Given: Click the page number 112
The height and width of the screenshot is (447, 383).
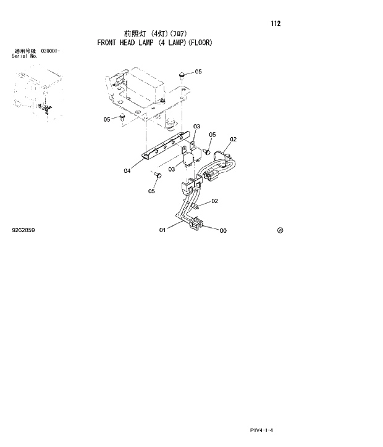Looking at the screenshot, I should click(x=276, y=24).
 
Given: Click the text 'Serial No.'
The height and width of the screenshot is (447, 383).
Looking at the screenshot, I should click(x=25, y=56).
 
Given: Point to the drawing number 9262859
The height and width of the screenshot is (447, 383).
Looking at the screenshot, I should click(x=23, y=230).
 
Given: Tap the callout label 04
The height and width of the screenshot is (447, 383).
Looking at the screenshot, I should click(x=127, y=171).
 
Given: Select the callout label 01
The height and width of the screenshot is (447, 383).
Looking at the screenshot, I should click(x=162, y=230).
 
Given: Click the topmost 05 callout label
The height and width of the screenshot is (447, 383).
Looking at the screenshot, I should click(x=198, y=72).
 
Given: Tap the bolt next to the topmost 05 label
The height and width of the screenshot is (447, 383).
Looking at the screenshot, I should click(x=182, y=75).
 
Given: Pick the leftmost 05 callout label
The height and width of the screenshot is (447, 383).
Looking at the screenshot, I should click(x=107, y=119).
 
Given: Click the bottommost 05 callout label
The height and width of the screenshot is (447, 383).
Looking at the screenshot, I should click(x=151, y=191).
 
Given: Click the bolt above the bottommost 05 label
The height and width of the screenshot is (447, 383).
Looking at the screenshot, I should click(x=158, y=177).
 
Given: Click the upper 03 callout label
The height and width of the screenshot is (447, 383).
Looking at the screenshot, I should click(x=196, y=127).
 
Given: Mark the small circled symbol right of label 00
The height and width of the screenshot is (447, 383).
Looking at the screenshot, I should click(x=280, y=230).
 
